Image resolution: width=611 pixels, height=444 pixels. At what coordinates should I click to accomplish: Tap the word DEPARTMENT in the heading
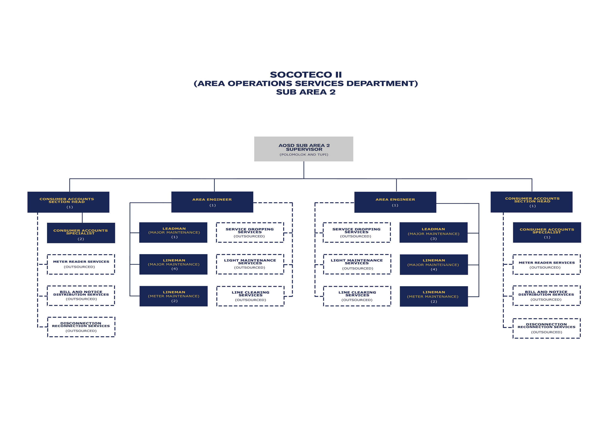point(382,83)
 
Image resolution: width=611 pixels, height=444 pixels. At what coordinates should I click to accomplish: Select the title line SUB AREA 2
point(306,92)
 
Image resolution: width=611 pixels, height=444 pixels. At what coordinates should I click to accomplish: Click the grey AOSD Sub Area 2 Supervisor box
point(304,149)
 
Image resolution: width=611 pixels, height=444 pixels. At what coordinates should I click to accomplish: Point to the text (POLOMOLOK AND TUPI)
point(304,155)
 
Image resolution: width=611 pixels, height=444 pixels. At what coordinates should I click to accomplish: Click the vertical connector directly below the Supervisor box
point(304,170)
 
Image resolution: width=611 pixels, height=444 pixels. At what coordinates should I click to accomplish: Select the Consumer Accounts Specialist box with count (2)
point(81,233)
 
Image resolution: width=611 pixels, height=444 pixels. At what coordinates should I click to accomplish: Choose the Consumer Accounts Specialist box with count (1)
point(547,232)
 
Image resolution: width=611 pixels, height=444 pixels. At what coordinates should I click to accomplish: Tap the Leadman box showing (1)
point(173,232)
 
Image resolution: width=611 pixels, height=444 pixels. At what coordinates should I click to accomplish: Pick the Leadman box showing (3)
point(433,232)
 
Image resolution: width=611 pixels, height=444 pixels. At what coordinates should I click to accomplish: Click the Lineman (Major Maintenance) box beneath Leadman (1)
point(173,264)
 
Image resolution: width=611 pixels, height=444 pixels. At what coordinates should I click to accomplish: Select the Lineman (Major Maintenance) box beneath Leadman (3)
point(434,264)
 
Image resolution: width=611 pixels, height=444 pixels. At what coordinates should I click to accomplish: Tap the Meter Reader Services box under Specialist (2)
point(81,264)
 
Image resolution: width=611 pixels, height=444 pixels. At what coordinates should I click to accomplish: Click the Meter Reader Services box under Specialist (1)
point(547,264)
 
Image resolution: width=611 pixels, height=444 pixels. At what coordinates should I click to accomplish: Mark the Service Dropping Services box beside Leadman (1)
point(250,232)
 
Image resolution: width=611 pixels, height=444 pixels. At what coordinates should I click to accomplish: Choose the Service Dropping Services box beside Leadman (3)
point(357,232)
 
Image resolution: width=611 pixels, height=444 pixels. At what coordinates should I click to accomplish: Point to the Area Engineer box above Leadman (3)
point(395,202)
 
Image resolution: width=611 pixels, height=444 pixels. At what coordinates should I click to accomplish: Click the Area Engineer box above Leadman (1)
point(212,202)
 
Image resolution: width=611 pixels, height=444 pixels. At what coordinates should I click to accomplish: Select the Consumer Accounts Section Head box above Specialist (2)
point(68,202)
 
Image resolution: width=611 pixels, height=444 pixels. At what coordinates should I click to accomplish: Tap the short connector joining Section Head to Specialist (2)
point(82,218)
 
